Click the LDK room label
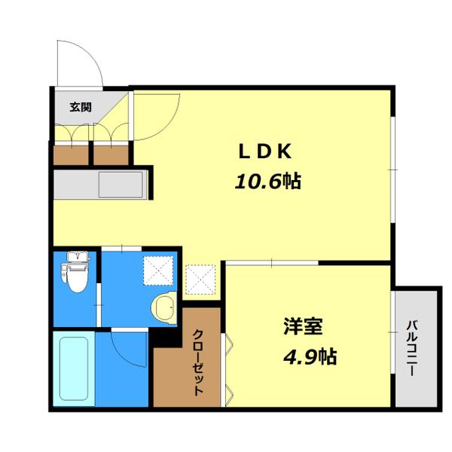coord(264,151)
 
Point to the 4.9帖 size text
coord(310,356)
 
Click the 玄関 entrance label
coord(81,107)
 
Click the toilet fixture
coord(75,273)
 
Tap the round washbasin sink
coord(163,307)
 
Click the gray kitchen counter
coord(102,184)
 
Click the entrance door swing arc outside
coord(79,60)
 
